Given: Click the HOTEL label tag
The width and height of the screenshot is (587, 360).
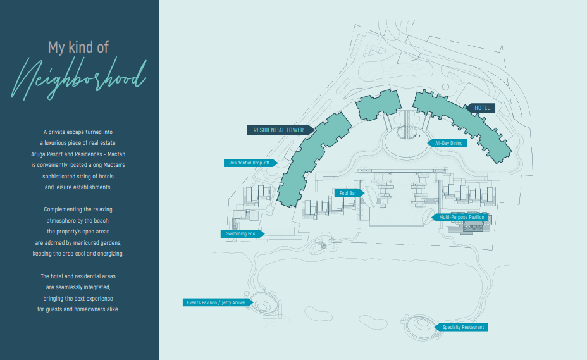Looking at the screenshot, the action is coord(480,108).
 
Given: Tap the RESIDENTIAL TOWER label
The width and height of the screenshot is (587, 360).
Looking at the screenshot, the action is coord(280,130).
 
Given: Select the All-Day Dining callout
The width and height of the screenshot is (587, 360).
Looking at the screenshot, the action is coord(447,143).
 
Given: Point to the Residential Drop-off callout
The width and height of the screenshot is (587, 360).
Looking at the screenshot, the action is coord(250,163).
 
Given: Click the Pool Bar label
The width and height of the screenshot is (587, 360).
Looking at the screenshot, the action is coord(349,194).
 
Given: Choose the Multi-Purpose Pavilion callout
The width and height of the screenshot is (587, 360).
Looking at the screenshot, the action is coord(461,217).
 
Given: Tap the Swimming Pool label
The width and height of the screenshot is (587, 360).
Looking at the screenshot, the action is coord(242,233).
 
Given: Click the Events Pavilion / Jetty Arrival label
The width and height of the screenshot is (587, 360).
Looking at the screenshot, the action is coord(218,302).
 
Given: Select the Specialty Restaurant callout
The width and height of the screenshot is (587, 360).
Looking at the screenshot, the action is coord(461,327).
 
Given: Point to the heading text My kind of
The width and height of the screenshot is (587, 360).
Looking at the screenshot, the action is coord(78,47).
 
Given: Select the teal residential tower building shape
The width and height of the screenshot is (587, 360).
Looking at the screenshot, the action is coord(311,158).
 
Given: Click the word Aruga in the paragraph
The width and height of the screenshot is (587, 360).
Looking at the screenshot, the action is coord(39,154).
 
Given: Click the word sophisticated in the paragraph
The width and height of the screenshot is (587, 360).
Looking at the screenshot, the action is coord(59,177).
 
